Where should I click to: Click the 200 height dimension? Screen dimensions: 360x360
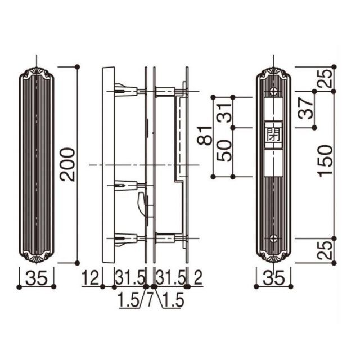67,165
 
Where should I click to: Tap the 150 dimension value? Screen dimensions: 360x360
326,161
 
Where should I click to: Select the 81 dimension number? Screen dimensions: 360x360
204,135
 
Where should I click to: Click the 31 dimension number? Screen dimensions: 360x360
224,113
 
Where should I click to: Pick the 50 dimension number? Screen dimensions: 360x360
224,151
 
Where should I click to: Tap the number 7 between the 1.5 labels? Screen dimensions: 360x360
150,300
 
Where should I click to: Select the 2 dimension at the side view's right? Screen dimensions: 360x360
197,277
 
